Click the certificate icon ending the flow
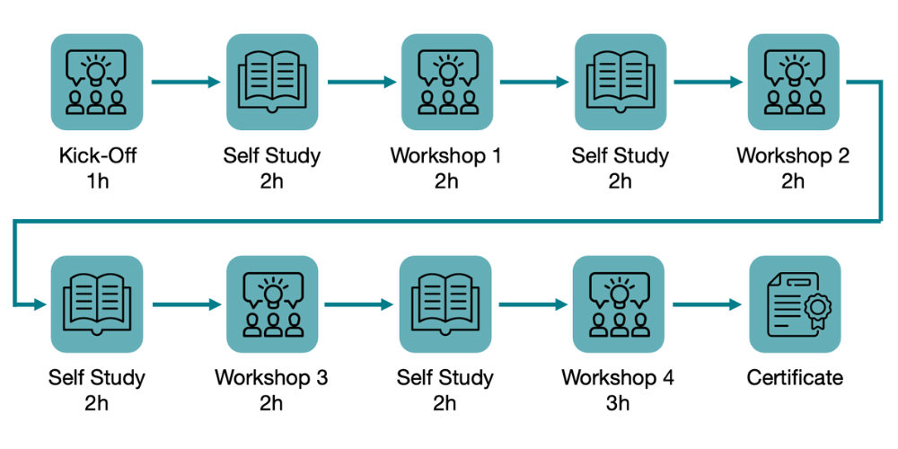tap(795, 304)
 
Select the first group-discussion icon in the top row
tap(96, 82)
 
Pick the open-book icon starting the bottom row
tap(96, 304)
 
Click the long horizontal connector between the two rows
tap(449, 220)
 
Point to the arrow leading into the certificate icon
tap(708, 304)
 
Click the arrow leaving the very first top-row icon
tap(185, 82)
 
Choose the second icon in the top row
tap(272, 82)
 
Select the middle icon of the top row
tap(446, 82)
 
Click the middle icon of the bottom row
tap(445, 304)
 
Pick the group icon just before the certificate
tap(619, 304)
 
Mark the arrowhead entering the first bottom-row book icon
tap(40, 305)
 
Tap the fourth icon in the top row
tap(620, 82)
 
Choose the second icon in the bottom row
tap(272, 304)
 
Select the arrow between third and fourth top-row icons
tap(533, 82)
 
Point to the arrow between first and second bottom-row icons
tap(186, 304)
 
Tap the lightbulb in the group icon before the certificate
tap(619, 289)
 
